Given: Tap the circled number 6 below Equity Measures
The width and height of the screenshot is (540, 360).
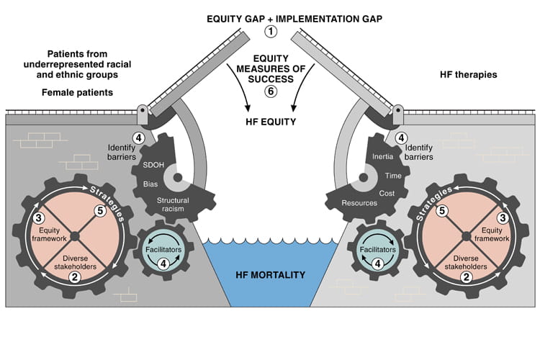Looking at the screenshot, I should (x=270, y=91).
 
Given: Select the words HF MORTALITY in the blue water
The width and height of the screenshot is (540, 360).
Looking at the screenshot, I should (x=270, y=274).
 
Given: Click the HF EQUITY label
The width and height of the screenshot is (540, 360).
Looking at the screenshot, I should (x=270, y=122).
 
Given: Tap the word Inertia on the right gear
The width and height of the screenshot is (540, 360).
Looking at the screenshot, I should (x=381, y=156).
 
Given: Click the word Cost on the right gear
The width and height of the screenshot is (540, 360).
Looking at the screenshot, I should (x=387, y=193).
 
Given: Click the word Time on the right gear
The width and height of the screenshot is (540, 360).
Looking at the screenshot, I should (x=393, y=175).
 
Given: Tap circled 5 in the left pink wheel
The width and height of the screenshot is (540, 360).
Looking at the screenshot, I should (x=100, y=211).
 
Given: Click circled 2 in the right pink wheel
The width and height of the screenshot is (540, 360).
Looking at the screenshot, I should (x=467, y=276).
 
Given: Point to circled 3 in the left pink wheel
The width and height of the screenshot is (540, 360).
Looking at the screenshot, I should (x=40, y=219).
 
